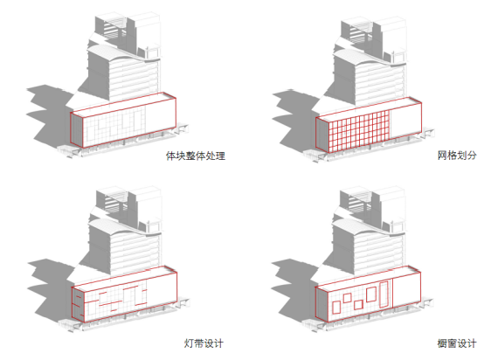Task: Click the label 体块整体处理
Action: [196, 156]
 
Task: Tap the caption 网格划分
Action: [457, 156]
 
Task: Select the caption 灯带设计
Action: [204, 343]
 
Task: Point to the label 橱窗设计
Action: [457, 343]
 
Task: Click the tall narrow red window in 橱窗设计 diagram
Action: [384, 294]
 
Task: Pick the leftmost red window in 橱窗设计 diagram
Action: [336, 308]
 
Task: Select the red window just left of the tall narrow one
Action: [371, 294]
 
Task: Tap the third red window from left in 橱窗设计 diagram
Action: [358, 305]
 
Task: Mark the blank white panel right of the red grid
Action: [405, 120]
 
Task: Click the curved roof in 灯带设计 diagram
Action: [124, 225]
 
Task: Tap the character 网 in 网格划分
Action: [442, 156]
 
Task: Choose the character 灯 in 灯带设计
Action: [189, 343]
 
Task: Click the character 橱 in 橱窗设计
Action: [442, 343]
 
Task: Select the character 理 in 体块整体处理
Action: [220, 156]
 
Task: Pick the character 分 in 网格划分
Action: [472, 156]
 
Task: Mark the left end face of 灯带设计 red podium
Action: [78, 304]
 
